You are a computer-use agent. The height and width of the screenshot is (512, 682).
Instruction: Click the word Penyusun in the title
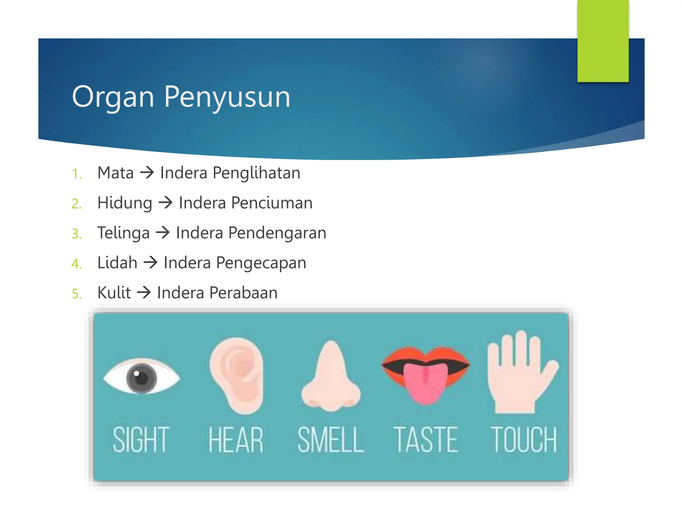coord(227,97)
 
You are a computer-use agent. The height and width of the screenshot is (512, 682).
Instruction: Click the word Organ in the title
coord(113,97)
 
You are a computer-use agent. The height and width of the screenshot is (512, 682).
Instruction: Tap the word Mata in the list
coord(115,173)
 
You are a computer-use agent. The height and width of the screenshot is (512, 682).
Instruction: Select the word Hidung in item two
coord(125,203)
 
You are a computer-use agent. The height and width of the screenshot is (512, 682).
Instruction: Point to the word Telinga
coord(123,233)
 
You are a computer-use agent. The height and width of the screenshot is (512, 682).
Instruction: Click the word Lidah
coord(117,263)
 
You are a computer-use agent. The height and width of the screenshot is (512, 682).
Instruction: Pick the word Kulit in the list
coord(114,293)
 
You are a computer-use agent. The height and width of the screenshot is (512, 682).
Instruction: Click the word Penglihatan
coord(256,173)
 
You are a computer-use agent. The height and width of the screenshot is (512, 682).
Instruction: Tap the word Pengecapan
coord(261,263)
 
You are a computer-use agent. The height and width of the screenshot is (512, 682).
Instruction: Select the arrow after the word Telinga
coord(163,232)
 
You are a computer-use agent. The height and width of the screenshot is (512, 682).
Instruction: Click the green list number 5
coord(77,294)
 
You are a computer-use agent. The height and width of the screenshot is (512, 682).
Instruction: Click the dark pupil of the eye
coord(141,379)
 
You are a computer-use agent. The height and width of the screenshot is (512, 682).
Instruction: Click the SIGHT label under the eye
coord(141,440)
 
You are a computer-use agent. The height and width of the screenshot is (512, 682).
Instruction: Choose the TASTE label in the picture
coord(426,440)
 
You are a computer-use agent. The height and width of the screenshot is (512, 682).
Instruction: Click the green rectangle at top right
coord(603,40)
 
